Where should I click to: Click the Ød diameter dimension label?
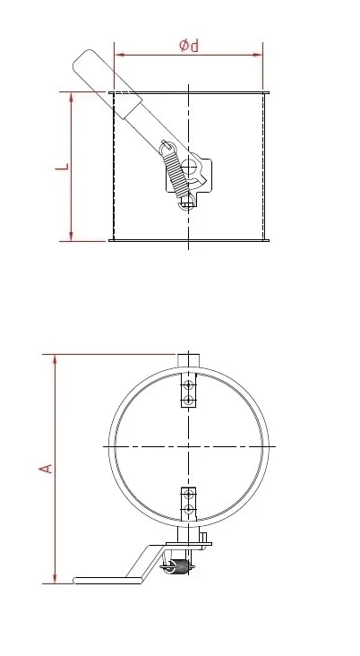(x=188, y=45)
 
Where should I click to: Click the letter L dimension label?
(x=60, y=167)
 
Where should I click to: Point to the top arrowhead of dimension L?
(x=72, y=96)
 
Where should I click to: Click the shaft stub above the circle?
(x=188, y=360)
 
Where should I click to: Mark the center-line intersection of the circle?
(x=189, y=445)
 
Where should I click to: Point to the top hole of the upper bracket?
(x=188, y=386)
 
